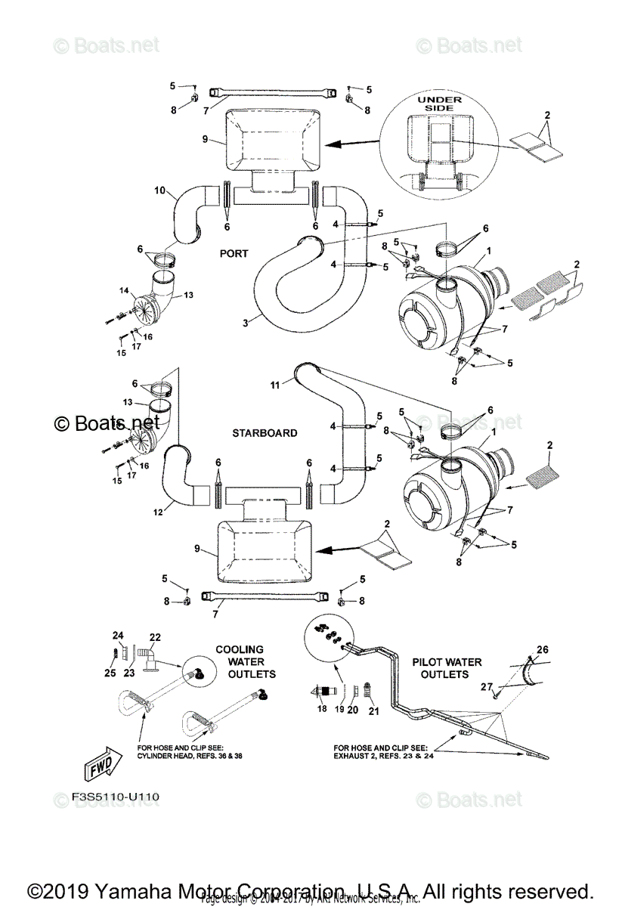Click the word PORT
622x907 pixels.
pos(234,254)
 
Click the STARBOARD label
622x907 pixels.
pos(265,433)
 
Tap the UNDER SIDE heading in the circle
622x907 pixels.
pos(437,104)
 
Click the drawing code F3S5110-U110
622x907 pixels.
pos(106,797)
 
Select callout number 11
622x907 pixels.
pos(276,385)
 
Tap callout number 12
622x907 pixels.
pos(158,511)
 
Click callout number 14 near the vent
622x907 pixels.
pos(125,289)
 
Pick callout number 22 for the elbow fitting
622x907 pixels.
pos(155,637)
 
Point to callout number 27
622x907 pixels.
pos(487,686)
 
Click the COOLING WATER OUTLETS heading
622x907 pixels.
pos(240,661)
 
